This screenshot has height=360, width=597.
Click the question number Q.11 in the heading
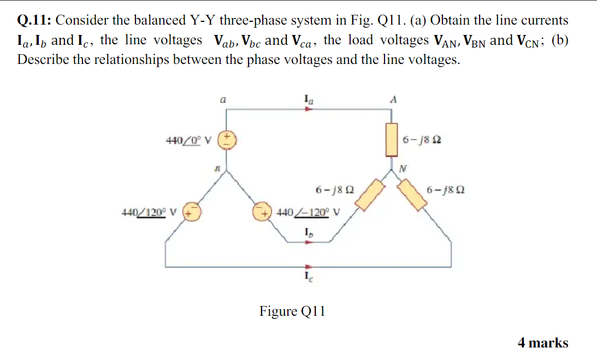pos(34,21)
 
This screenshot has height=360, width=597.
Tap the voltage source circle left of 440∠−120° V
pos(261,211)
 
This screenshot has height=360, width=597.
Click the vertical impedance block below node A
pos(391,140)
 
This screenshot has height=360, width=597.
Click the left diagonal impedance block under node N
pos(371,194)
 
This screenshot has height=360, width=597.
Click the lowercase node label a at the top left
pos(221,101)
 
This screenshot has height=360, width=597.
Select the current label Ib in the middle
pos(309,232)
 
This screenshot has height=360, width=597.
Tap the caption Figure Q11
pos(292,311)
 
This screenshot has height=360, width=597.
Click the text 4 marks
pos(542,343)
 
